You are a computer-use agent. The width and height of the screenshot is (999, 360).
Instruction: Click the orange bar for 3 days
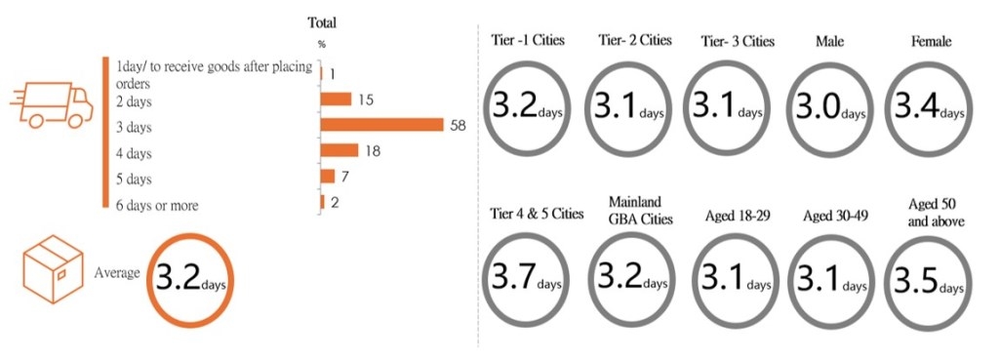tap(381, 125)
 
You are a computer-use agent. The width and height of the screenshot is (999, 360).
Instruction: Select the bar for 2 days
tap(336, 100)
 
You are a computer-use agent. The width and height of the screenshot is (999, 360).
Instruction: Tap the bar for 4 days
tap(339, 150)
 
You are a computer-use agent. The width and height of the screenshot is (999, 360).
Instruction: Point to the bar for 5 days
tap(327, 176)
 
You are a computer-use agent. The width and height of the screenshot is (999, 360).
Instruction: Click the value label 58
tap(458, 125)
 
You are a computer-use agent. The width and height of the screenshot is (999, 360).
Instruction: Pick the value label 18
tap(371, 150)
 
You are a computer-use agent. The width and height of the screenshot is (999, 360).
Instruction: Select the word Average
tap(118, 274)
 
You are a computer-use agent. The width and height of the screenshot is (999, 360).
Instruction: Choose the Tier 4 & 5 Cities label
tap(533, 214)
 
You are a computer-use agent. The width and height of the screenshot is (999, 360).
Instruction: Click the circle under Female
tap(926, 107)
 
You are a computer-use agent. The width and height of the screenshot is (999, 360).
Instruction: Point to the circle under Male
tap(826, 107)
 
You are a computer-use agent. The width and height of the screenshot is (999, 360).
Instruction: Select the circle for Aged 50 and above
tap(926, 280)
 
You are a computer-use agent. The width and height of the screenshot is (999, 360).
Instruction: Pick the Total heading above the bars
tap(322, 22)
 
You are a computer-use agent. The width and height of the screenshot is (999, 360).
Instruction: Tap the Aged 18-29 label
tap(737, 214)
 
